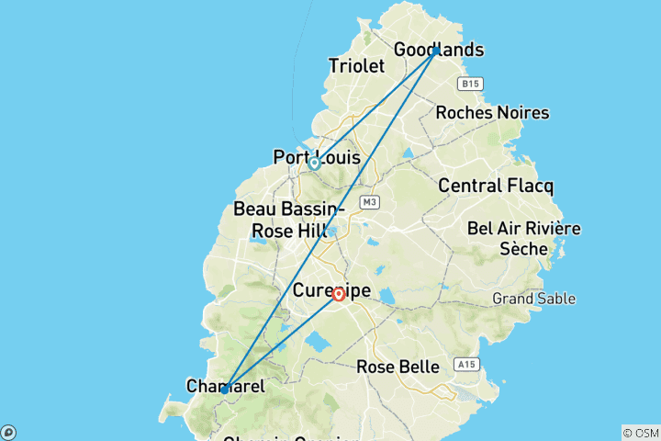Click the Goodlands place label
(x=438, y=50)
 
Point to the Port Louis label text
(x=317, y=158)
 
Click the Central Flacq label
(x=496, y=186)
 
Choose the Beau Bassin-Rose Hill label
(x=281, y=220)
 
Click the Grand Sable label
(x=534, y=298)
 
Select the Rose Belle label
(x=398, y=367)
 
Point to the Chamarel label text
(x=225, y=387)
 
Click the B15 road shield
(x=470, y=84)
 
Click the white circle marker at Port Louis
(x=314, y=164)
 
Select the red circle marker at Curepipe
(x=339, y=294)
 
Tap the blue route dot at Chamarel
(x=224, y=390)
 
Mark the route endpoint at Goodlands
(x=436, y=50)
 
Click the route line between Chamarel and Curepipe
(x=281, y=342)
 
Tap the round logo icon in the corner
(x=7, y=433)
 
